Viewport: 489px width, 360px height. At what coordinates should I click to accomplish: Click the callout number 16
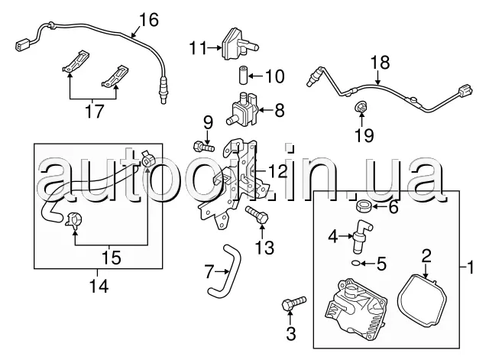click(x=149, y=19)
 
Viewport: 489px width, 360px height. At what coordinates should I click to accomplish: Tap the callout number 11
click(x=198, y=48)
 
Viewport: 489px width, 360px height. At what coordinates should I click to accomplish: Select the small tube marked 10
click(x=243, y=75)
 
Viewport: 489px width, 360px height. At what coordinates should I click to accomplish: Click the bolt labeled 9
click(x=204, y=146)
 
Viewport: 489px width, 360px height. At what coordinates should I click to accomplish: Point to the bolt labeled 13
click(x=257, y=215)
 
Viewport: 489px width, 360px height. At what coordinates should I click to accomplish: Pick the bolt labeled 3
click(x=294, y=303)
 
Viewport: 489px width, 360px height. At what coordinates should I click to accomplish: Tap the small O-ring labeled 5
click(x=355, y=263)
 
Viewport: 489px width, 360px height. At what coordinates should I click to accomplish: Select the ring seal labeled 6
click(x=363, y=206)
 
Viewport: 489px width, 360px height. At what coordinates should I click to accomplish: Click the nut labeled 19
click(x=361, y=108)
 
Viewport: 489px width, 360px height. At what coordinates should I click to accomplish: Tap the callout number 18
click(x=381, y=63)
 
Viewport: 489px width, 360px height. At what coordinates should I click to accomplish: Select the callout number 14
click(x=99, y=286)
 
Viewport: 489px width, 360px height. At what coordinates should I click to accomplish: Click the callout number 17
click(x=95, y=111)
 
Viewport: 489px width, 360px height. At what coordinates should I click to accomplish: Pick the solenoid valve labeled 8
click(x=242, y=109)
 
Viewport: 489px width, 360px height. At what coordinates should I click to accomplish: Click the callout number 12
click(x=278, y=171)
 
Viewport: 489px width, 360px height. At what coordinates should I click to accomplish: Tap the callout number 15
click(x=112, y=258)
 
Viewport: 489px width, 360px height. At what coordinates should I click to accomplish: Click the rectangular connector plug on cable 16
click(x=24, y=44)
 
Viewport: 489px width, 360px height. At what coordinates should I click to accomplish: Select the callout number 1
click(x=471, y=268)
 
